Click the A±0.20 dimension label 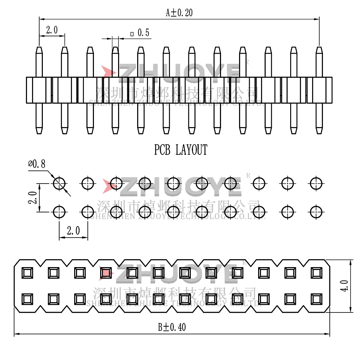(x=179, y=13)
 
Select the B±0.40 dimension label (x=172, y=327)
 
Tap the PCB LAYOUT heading (x=181, y=149)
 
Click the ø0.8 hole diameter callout (x=37, y=165)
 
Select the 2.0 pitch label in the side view (x=52, y=30)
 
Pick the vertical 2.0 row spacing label (x=33, y=198)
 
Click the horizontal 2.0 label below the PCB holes (x=73, y=231)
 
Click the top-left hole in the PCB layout (x=59, y=184)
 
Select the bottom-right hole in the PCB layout (x=316, y=211)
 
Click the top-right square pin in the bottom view (x=316, y=273)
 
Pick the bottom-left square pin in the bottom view (x=27, y=298)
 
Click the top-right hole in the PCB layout (x=316, y=184)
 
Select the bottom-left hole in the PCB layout (x=59, y=211)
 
